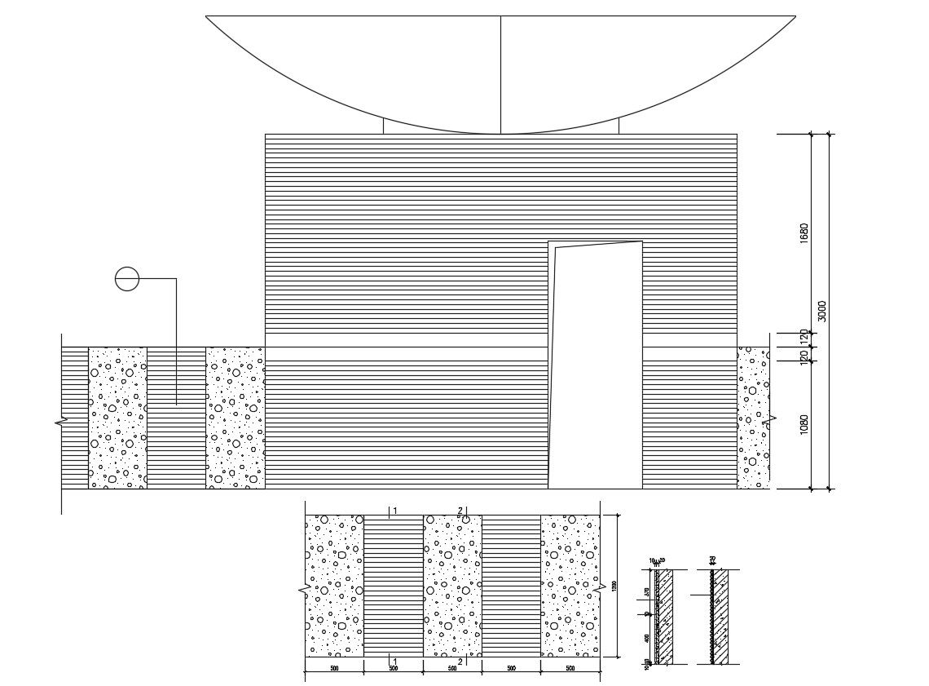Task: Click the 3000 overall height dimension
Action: pyautogui.click(x=822, y=311)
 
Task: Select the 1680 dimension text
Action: pyautogui.click(x=804, y=232)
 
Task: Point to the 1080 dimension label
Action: pyautogui.click(x=804, y=424)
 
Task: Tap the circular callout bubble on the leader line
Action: pyautogui.click(x=127, y=279)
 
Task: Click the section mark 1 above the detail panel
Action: pyautogui.click(x=394, y=511)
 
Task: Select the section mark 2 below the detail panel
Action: pyautogui.click(x=460, y=662)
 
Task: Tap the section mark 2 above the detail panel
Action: pyautogui.click(x=460, y=511)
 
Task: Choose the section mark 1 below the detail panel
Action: pyautogui.click(x=394, y=662)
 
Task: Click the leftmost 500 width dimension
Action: pyautogui.click(x=334, y=669)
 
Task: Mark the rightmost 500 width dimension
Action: pyautogui.click(x=570, y=669)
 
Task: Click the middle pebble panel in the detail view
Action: pyautogui.click(x=452, y=585)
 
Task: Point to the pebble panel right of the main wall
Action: pyautogui.click(x=752, y=418)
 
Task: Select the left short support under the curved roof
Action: pyautogui.click(x=383, y=126)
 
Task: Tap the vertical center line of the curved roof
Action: pyautogui.click(x=500, y=73)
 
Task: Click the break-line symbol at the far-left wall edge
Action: pyautogui.click(x=60, y=423)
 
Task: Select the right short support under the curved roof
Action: pyautogui.click(x=619, y=126)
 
